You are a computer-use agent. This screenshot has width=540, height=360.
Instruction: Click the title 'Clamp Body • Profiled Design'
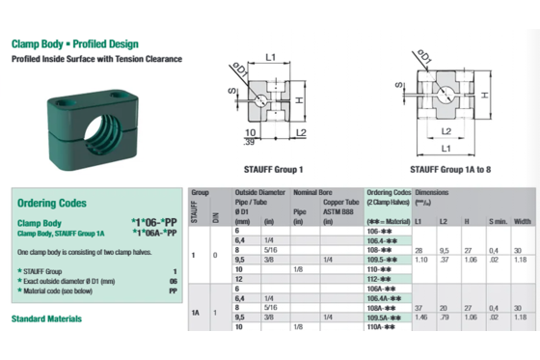coord(74,44)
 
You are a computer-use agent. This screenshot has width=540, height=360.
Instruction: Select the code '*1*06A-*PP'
coord(153,233)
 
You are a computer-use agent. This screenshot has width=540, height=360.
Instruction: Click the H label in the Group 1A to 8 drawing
coord(487,95)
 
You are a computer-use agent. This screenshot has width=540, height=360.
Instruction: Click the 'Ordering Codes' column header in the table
coord(389,193)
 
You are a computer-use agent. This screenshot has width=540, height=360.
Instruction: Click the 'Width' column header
coord(523,221)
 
